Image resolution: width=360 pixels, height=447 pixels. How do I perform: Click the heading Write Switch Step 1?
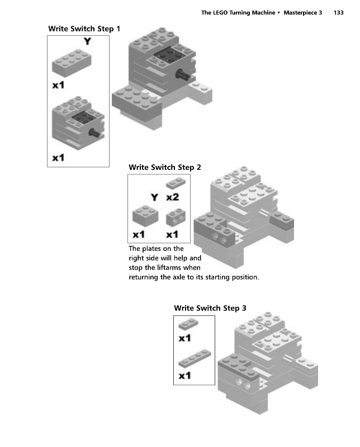(x=84, y=28)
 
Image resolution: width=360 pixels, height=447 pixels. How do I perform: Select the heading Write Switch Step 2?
(x=165, y=167)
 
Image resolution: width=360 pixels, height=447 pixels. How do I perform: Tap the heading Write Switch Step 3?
(x=210, y=308)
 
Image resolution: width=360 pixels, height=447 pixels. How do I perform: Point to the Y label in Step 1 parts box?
(x=87, y=41)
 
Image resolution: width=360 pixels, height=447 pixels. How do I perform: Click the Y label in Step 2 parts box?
(x=154, y=197)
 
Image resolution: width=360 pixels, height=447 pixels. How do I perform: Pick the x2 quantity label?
(x=172, y=197)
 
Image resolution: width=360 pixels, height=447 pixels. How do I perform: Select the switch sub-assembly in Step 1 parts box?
(x=77, y=122)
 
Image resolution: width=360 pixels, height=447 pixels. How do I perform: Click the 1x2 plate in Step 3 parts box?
(x=187, y=324)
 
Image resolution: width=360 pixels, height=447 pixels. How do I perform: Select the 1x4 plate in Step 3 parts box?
(x=194, y=358)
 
